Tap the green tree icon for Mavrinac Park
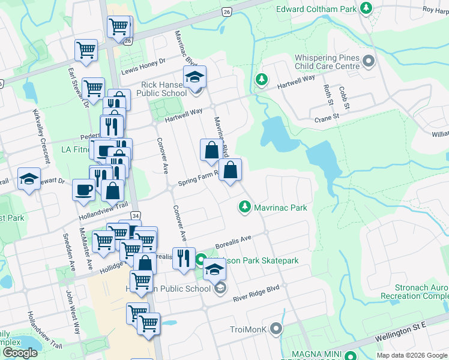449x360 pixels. [244, 207]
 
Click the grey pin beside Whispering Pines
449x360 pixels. [369, 61]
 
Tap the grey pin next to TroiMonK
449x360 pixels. [276, 328]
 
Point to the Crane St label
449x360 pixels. [327, 118]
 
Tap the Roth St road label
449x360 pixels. [328, 95]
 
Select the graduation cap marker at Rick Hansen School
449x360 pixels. [194, 77]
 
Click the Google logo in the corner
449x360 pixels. [19, 353]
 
